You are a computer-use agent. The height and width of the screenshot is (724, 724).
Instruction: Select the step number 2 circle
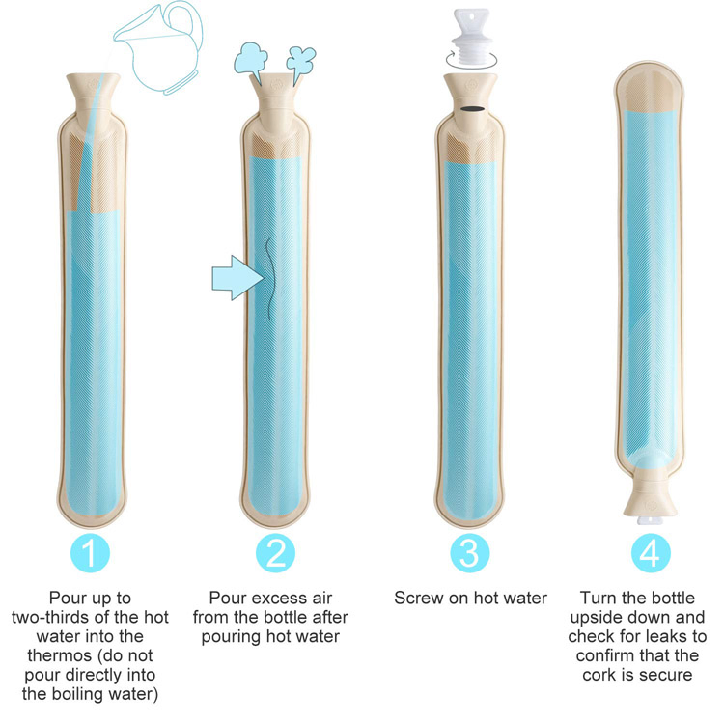(276, 552)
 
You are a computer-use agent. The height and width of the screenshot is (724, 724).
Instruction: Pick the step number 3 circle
(469, 552)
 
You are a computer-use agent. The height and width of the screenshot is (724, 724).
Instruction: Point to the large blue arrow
(234, 279)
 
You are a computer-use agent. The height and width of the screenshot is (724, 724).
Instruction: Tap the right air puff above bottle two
(302, 60)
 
